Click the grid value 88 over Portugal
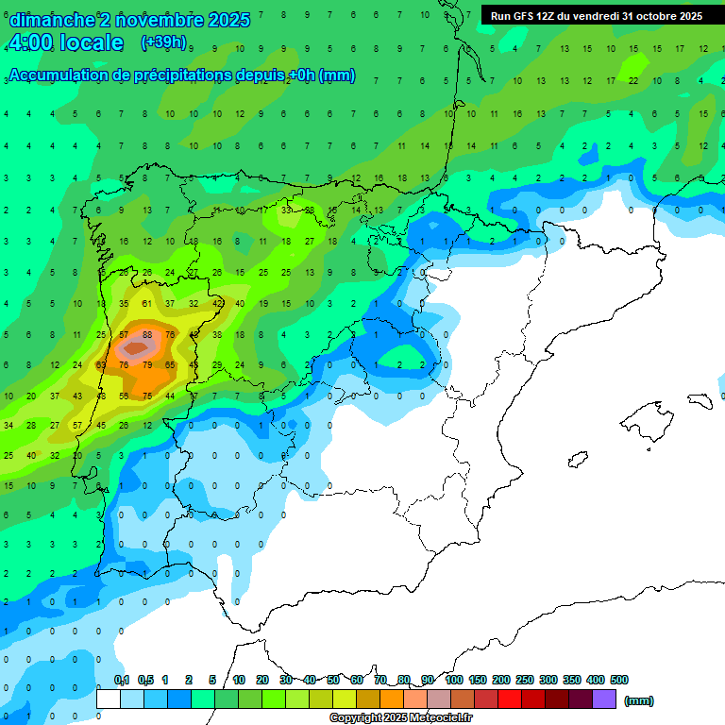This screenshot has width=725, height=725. pos(147,335)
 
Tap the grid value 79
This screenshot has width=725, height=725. pos(147,365)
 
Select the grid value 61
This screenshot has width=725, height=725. pos(147,304)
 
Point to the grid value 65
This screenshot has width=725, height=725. pos(171,365)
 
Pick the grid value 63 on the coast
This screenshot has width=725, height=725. pos(101,365)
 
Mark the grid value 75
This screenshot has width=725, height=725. pos(147,396)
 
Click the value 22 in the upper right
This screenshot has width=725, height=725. pos(633,80)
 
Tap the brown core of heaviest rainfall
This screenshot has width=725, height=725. pos(135,348)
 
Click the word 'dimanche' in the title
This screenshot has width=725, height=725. pos(51,20)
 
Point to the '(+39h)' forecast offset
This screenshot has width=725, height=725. pos(162,42)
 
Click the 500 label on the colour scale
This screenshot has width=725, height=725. pos(619,680)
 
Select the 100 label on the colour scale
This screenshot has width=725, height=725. pos(454,680)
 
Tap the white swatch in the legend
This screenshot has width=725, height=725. pos(109,700)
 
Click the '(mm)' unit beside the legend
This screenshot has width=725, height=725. pos(639,700)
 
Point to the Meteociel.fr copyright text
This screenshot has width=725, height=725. pos(400,718)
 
